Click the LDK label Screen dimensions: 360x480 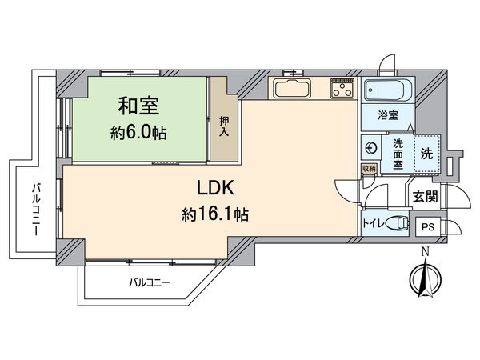point(216,189)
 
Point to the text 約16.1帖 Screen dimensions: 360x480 point(216,214)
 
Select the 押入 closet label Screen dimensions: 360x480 point(223,127)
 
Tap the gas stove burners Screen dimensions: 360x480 point(342,90)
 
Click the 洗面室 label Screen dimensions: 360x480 point(398,154)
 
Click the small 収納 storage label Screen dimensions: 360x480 point(369,168)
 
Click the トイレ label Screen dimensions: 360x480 point(372,223)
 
